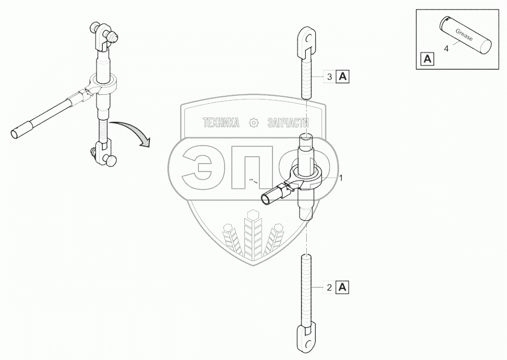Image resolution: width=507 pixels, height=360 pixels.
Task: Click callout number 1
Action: coord(341,178)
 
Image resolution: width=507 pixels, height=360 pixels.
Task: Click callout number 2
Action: coord(330,288)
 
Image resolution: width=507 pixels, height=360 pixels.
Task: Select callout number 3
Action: coord(330,77)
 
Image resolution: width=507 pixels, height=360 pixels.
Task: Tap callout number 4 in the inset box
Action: coord(446,49)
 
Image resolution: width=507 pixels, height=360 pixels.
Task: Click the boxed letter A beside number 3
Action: coord(343,77)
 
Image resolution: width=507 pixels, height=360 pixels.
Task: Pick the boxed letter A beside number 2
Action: coord(343,288)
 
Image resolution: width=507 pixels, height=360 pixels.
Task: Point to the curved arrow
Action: coord(136,132)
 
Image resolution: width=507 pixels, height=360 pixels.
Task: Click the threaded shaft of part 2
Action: coord(307,289)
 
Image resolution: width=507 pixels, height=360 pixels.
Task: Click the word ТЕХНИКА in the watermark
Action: coord(220,123)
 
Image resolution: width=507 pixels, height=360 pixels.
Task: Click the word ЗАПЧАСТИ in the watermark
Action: coord(288,123)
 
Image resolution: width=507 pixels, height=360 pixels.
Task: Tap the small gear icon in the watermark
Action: coord(253,123)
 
